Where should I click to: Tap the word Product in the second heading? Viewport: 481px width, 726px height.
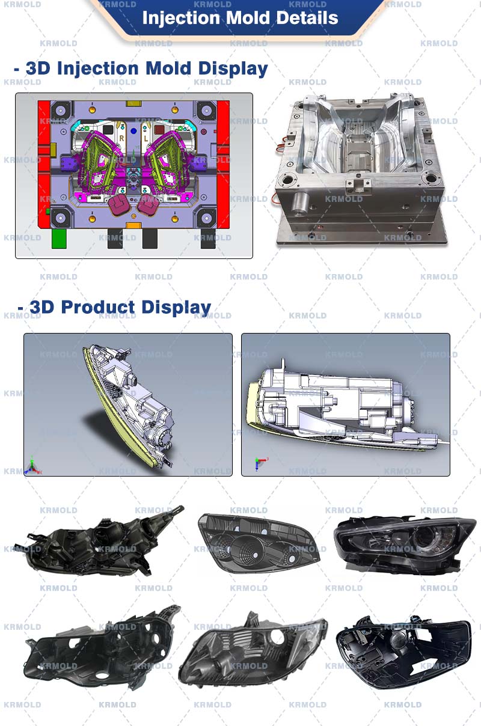[98, 307]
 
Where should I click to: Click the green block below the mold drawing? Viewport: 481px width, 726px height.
[59, 238]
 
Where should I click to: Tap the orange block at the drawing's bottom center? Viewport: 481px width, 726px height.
[133, 225]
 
